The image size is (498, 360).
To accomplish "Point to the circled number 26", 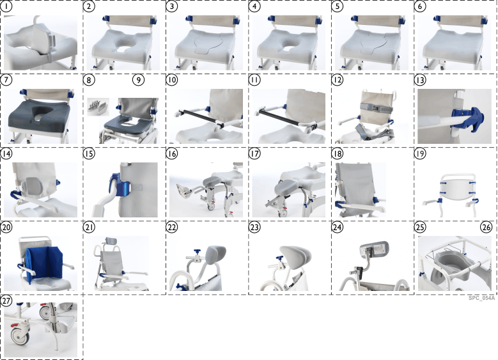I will (486, 228).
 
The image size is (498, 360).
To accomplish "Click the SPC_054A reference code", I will (481, 298).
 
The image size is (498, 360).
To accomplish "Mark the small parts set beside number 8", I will (99, 104).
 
